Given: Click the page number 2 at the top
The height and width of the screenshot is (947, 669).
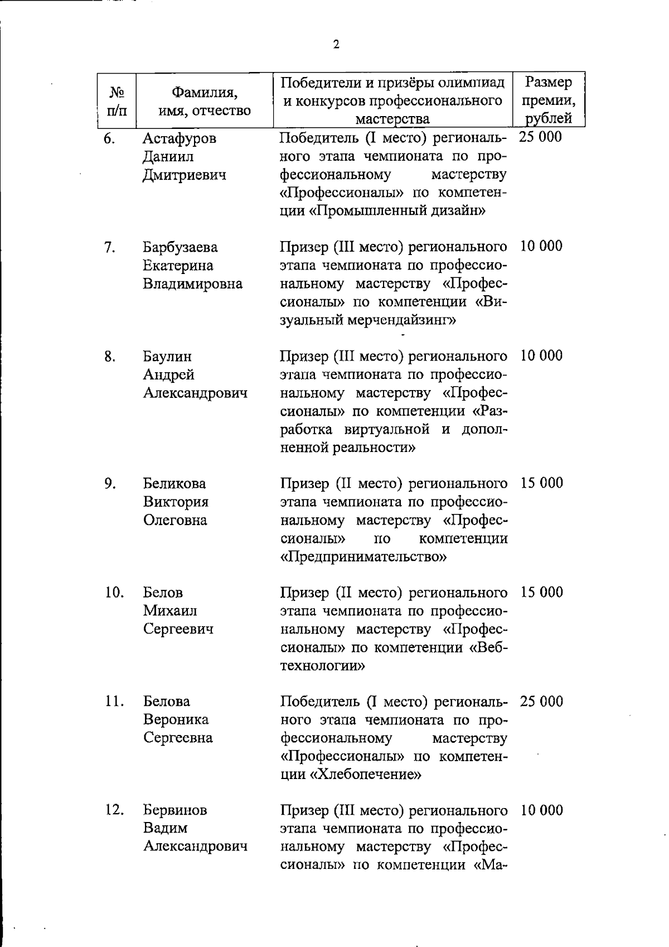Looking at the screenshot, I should click(x=336, y=45).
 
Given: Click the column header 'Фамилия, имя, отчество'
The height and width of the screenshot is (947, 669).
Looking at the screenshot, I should click(x=205, y=100).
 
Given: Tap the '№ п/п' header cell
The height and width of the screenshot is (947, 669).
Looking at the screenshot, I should click(x=117, y=100).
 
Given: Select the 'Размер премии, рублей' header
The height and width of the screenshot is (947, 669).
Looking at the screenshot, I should click(x=549, y=100).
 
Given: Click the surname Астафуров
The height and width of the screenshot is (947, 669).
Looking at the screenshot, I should click(x=179, y=138).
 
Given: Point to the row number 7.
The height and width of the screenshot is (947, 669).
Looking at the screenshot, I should click(x=109, y=247).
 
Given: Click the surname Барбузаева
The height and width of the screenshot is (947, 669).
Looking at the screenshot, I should click(x=180, y=247).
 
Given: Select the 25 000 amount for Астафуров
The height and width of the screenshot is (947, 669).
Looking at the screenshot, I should click(x=540, y=137).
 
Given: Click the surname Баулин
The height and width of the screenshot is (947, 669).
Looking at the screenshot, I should click(x=167, y=356).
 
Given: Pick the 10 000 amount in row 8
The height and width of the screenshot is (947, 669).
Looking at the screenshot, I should click(x=541, y=355).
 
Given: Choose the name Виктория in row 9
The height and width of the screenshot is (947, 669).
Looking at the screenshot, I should click(x=176, y=502).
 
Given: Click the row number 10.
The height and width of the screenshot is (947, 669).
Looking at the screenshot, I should click(x=114, y=592).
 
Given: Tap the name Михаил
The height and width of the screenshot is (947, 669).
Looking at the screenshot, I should click(x=170, y=610).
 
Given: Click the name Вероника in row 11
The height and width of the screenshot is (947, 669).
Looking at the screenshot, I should click(x=176, y=720).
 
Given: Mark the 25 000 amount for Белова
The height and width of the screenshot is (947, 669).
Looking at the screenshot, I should click(x=541, y=701).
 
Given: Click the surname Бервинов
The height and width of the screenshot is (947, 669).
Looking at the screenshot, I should click(x=175, y=810).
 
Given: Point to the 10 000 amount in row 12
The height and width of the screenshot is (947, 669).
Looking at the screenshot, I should click(x=541, y=810).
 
